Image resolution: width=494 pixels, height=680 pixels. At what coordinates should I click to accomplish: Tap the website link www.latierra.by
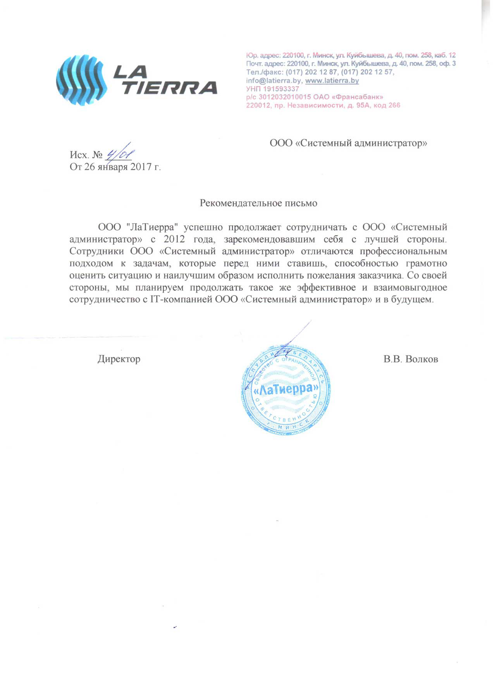[332, 81]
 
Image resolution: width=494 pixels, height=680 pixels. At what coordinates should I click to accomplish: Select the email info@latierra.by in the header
[274, 81]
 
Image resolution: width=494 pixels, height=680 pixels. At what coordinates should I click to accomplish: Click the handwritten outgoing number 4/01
[119, 154]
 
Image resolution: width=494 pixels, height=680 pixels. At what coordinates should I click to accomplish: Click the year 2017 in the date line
[141, 167]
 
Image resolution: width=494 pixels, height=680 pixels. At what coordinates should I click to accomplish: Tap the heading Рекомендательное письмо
[258, 203]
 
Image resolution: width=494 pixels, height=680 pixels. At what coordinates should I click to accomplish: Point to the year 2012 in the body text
[174, 239]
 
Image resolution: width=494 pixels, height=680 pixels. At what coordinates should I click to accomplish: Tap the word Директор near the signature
[119, 359]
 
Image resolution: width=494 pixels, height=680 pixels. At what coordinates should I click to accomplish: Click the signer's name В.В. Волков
[411, 359]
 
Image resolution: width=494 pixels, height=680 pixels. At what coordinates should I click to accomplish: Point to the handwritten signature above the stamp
[294, 341]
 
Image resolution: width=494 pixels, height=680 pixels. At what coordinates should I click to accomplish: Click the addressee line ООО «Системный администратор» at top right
[348, 143]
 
